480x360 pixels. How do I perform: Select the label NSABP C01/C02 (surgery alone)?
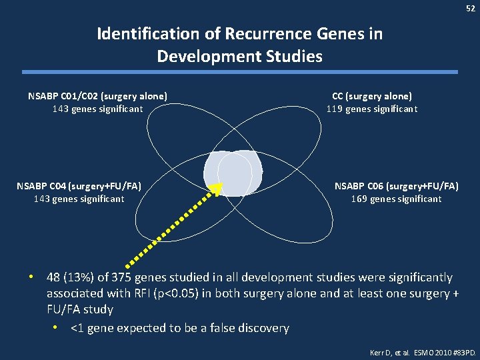coord(97,96)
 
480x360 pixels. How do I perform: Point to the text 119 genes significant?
coord(372,109)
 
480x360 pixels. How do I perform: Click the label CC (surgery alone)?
coord(372,96)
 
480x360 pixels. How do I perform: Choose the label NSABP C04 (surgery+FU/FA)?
coord(79,185)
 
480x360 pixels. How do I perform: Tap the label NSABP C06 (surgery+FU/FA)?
coord(397,185)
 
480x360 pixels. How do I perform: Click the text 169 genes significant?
coord(397,199)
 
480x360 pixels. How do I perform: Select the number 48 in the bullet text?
coord(55,277)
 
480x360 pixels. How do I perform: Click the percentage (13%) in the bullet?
coord(82,277)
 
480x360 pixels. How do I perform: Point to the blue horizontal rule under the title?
coord(240,72)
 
